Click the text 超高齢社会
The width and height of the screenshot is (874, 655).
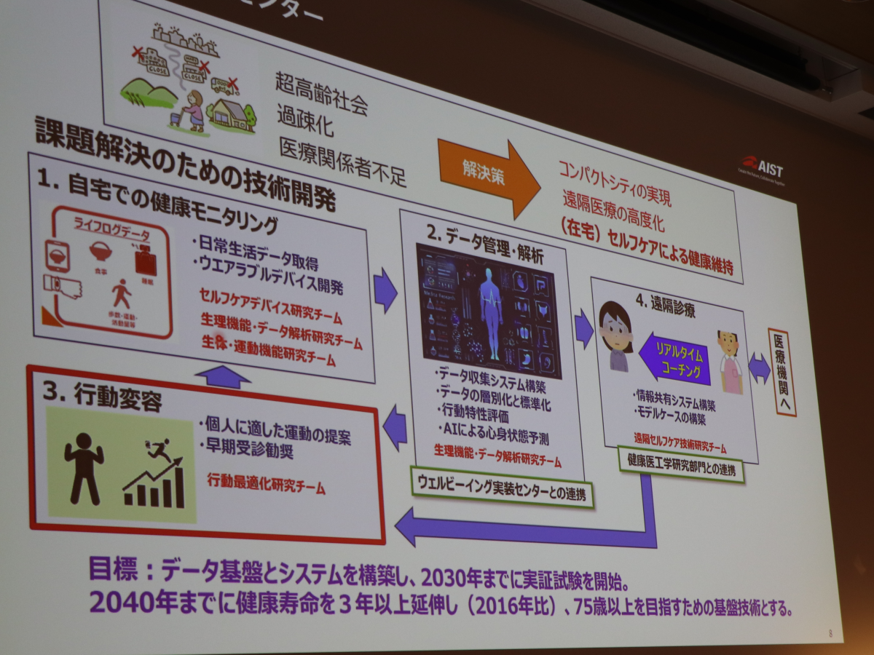320,93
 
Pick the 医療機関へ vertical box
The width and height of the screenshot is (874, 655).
783,372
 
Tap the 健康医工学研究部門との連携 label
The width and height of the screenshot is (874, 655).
680,466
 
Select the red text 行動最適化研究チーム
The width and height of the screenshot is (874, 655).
266,483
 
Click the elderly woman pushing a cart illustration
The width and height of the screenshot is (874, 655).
191,109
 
